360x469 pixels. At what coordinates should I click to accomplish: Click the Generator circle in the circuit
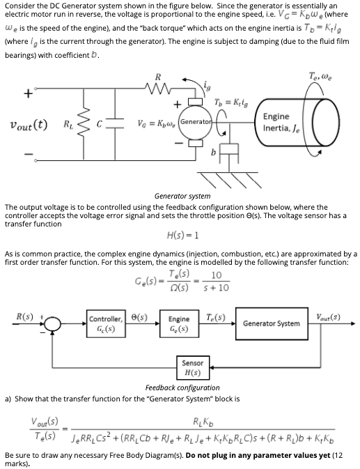coord(198,121)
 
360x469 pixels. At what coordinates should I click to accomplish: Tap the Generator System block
coord(272,323)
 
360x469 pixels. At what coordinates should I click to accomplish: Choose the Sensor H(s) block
coord(192,367)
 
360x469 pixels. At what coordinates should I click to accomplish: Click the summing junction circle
coord(48,323)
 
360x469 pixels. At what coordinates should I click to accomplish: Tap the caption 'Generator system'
coord(181,197)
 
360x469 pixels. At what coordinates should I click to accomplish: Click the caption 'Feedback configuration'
coord(182,387)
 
